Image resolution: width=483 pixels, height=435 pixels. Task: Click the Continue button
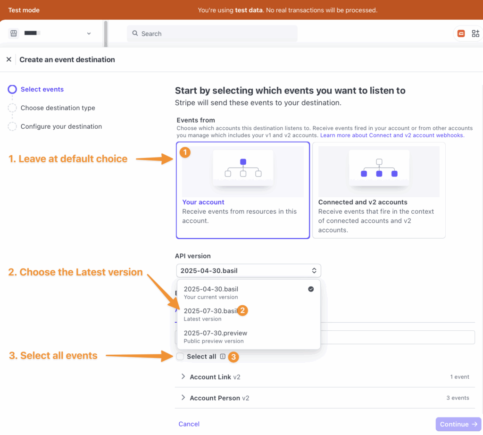(458, 424)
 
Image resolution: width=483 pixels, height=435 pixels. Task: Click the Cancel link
(189, 424)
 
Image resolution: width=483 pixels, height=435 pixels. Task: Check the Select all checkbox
(180, 357)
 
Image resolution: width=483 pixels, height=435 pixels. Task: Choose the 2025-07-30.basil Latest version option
(210, 311)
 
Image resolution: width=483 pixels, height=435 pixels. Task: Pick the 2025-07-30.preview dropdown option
(215, 333)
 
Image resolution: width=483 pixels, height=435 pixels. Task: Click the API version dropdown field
(248, 271)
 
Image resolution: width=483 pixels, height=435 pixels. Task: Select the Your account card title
(203, 202)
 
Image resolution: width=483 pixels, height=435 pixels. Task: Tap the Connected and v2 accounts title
(363, 202)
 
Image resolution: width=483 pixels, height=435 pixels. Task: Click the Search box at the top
(212, 33)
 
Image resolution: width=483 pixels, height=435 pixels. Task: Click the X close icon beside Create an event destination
(8, 59)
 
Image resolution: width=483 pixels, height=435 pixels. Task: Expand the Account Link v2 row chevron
(183, 376)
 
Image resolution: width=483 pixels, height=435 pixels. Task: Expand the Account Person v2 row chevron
(183, 398)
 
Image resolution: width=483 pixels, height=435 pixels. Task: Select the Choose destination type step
(58, 108)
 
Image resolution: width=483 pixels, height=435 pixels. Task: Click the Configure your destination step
(61, 126)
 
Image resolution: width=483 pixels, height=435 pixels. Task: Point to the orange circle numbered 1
(186, 152)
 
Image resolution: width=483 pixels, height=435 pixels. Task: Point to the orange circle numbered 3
(233, 357)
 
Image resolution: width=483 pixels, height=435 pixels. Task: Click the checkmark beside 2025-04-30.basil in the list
(311, 289)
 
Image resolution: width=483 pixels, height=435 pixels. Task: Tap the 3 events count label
(458, 398)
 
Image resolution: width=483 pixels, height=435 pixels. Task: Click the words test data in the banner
(249, 10)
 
